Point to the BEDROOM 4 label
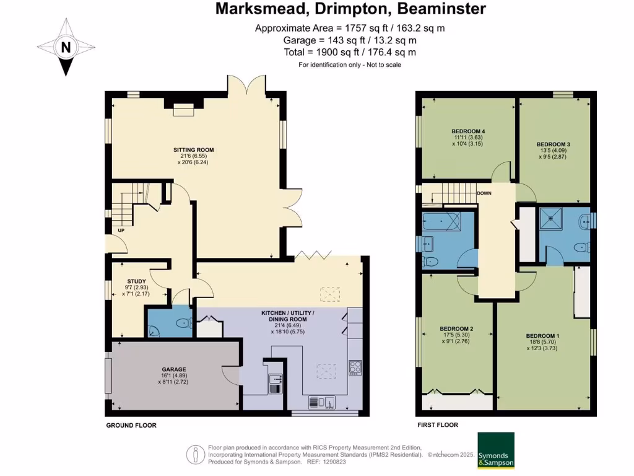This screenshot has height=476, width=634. pyautogui.click(x=467, y=131)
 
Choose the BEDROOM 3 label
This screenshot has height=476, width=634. pyautogui.click(x=553, y=144)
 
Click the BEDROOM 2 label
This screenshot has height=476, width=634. pyautogui.click(x=456, y=328)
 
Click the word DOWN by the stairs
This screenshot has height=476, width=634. pyautogui.click(x=485, y=193)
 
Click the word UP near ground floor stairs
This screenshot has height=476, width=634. pyautogui.click(x=113, y=231)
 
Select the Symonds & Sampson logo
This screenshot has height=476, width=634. pyautogui.click(x=495, y=450)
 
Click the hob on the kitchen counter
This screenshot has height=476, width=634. pyautogui.click(x=355, y=368)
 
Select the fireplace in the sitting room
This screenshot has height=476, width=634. pyautogui.click(x=183, y=110)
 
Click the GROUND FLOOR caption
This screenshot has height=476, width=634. pyautogui.click(x=131, y=425)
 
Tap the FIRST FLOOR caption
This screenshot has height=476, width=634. pyautogui.click(x=437, y=425)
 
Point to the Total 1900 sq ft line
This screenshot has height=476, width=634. pyautogui.click(x=350, y=53)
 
